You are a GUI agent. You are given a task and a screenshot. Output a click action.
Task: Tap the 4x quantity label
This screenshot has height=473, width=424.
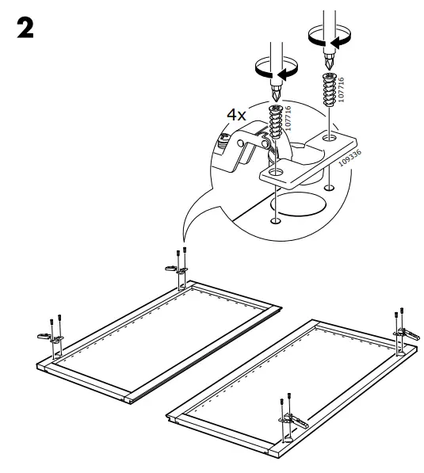[237, 115]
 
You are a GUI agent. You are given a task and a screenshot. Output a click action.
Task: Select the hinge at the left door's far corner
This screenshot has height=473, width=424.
[180, 269]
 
